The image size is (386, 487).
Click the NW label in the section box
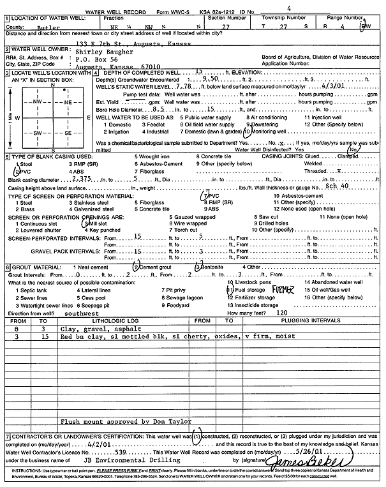(38, 102)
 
